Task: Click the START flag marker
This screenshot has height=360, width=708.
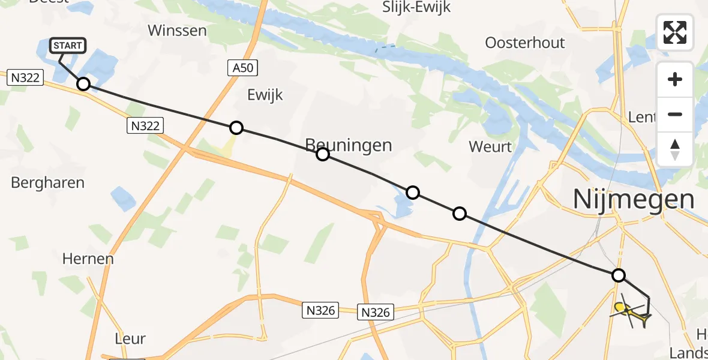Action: click(x=68, y=46)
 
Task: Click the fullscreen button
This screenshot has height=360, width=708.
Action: click(x=675, y=32)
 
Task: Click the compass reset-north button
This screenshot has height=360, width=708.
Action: click(x=675, y=149)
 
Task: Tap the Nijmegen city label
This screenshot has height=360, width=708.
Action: click(x=634, y=199)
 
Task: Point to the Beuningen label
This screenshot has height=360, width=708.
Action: click(x=349, y=145)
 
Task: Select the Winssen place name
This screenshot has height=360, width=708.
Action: click(x=177, y=30)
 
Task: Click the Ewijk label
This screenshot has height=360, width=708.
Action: click(x=265, y=95)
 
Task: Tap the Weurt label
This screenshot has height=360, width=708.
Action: click(x=490, y=146)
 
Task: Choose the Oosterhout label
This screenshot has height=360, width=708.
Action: click(x=525, y=43)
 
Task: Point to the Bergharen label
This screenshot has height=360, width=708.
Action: click(x=47, y=182)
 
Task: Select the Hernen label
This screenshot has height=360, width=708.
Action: click(x=88, y=259)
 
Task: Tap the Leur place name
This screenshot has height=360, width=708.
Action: click(x=130, y=338)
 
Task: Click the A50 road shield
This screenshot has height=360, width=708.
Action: click(x=242, y=68)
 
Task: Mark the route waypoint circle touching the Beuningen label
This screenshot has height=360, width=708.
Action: click(x=323, y=155)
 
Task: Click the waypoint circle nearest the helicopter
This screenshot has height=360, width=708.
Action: click(x=618, y=275)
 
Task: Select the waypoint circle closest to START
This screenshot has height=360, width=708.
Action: click(x=83, y=85)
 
